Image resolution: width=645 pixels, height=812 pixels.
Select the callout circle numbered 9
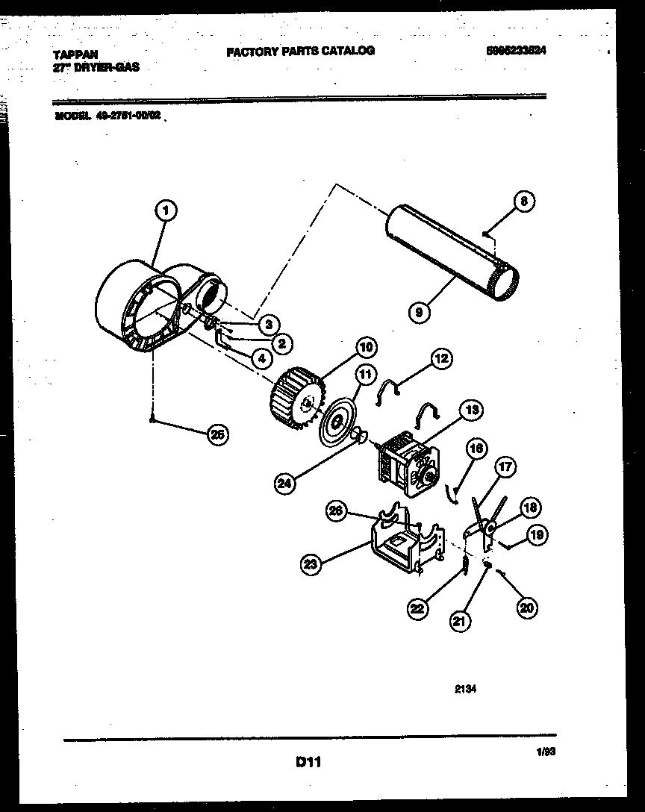pyautogui.click(x=420, y=313)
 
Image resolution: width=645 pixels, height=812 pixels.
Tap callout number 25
pyautogui.click(x=217, y=435)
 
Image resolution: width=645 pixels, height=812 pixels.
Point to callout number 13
pyautogui.click(x=472, y=410)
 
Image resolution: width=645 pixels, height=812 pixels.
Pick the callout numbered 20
pyautogui.click(x=527, y=608)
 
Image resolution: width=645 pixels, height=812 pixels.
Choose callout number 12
pyautogui.click(x=440, y=359)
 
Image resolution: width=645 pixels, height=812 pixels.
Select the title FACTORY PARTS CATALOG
pyautogui.click(x=300, y=51)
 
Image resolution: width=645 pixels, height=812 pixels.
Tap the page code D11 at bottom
pyautogui.click(x=308, y=762)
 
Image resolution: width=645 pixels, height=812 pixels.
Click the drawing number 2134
pyautogui.click(x=465, y=690)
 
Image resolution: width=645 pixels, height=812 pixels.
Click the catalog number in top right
pyautogui.click(x=521, y=51)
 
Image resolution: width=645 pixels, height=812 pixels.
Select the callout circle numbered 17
pyautogui.click(x=505, y=468)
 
